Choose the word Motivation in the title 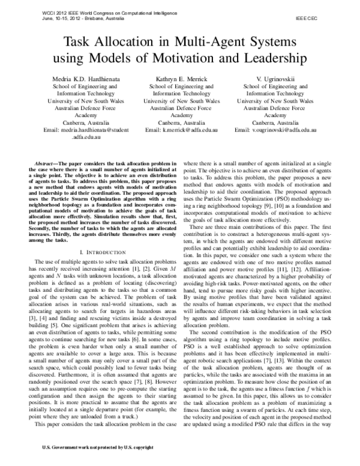coord(200,58)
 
